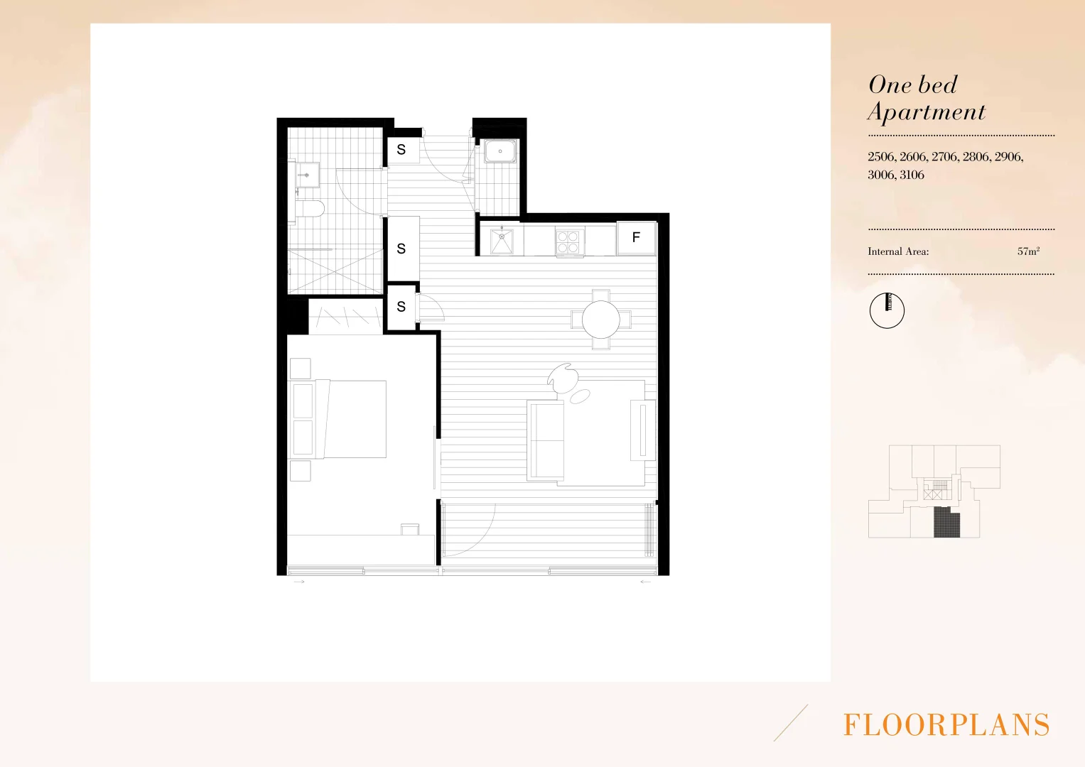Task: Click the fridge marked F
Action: [636, 238]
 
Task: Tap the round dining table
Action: [601, 320]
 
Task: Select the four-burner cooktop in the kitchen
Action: [568, 241]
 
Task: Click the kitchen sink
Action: [502, 241]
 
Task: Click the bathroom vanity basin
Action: [307, 173]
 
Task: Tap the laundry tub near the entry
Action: [500, 151]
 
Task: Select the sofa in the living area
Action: [546, 440]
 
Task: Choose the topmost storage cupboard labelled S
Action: [401, 150]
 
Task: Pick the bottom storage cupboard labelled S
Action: [401, 307]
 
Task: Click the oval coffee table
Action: [580, 396]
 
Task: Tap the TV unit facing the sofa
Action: [643, 430]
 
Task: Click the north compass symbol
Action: [887, 310]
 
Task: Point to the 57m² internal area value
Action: [1028, 251]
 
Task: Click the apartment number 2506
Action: [881, 157]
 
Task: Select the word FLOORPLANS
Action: [946, 725]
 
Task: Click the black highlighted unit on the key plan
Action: [946, 523]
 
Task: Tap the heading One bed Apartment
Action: [926, 98]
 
